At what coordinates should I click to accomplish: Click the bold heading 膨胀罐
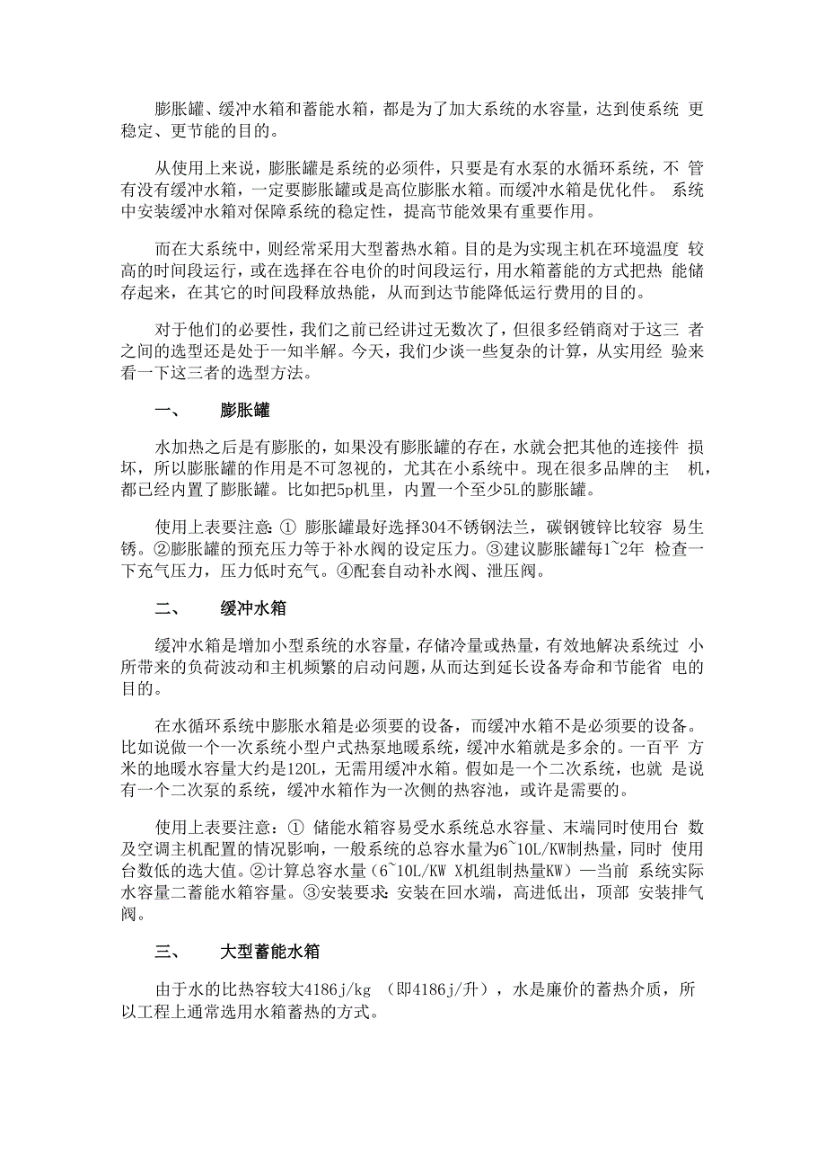click(x=245, y=411)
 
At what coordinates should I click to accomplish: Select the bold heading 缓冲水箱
click(x=253, y=608)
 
